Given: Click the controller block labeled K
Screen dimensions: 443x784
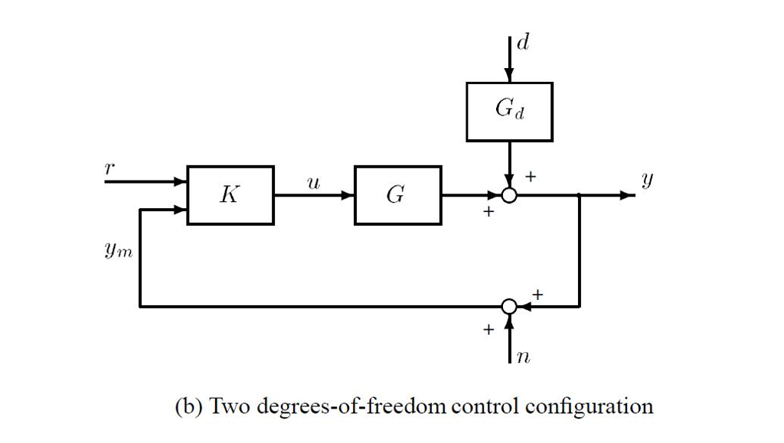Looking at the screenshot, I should pyautogui.click(x=230, y=195).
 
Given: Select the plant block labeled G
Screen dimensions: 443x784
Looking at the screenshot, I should pyautogui.click(x=397, y=195).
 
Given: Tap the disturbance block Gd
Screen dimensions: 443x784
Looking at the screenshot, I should pyautogui.click(x=509, y=112).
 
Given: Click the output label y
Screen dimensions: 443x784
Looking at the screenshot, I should pyautogui.click(x=648, y=181).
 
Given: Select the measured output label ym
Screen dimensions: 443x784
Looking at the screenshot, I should pyautogui.click(x=119, y=251).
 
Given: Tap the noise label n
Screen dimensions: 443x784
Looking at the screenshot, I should pyautogui.click(x=524, y=357).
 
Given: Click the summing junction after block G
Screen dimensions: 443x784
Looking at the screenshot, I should pyautogui.click(x=509, y=196).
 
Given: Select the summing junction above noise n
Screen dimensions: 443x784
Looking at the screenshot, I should pyautogui.click(x=509, y=307).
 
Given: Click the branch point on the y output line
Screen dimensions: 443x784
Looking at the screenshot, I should pyautogui.click(x=580, y=196).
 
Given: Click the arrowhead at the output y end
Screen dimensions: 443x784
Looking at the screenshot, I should pyautogui.click(x=629, y=196).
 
